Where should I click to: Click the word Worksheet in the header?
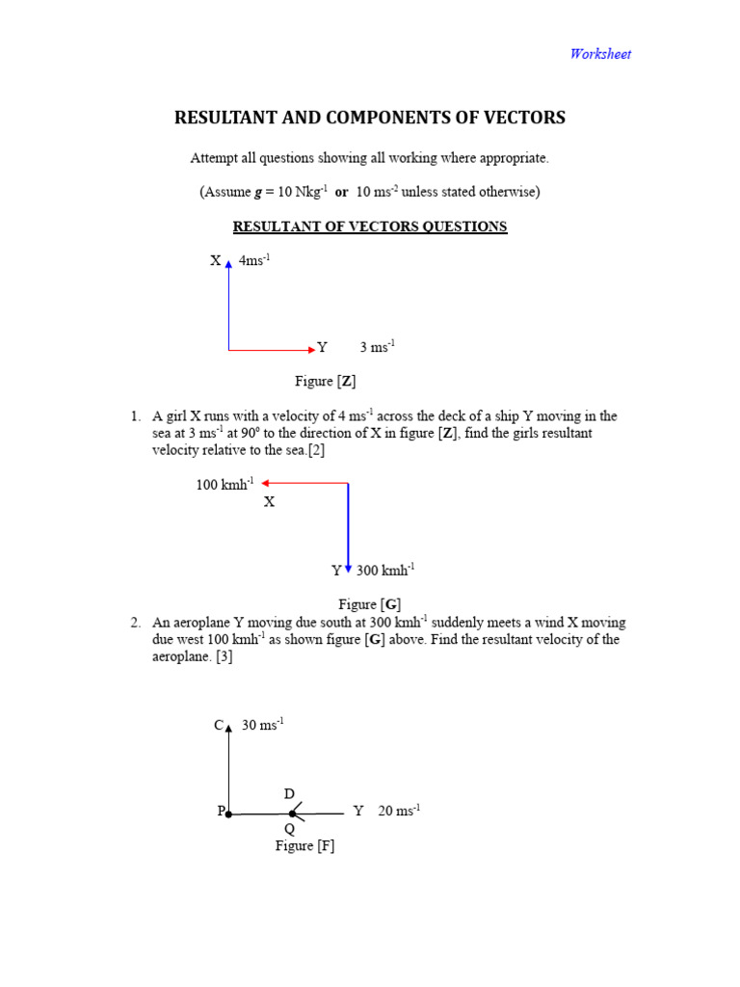pyautogui.click(x=599, y=54)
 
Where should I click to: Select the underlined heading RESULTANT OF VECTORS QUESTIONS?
pyautogui.click(x=370, y=227)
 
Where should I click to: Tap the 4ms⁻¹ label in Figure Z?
pyautogui.click(x=253, y=260)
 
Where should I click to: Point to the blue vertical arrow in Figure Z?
pyautogui.click(x=228, y=304)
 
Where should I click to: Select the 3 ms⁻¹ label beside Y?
pyautogui.click(x=377, y=347)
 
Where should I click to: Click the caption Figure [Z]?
pyautogui.click(x=326, y=381)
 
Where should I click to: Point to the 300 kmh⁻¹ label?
pyautogui.click(x=384, y=570)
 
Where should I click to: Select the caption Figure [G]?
pyautogui.click(x=369, y=604)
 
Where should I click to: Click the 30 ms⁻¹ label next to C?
pyautogui.click(x=263, y=725)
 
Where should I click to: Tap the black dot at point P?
pyautogui.click(x=228, y=814)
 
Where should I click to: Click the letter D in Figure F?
pyautogui.click(x=288, y=793)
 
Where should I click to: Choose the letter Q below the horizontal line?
pyautogui.click(x=289, y=829)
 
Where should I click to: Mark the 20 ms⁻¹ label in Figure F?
pyautogui.click(x=399, y=811)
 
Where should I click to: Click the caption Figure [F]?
pyautogui.click(x=304, y=845)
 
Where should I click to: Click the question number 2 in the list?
pyautogui.click(x=135, y=623)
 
